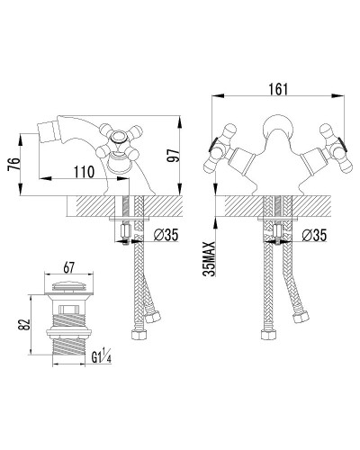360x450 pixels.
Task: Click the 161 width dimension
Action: pyautogui.click(x=278, y=89)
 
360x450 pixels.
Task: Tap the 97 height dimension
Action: pyautogui.click(x=173, y=156)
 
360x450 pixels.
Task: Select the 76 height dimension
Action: pyautogui.click(x=14, y=164)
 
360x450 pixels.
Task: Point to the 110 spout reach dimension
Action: pyautogui.click(x=85, y=172)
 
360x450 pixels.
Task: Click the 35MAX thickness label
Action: pyautogui.click(x=210, y=258)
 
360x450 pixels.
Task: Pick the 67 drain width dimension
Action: pyautogui.click(x=68, y=267)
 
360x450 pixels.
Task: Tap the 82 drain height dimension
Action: pyautogui.click(x=24, y=324)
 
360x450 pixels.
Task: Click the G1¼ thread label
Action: pyautogui.click(x=102, y=357)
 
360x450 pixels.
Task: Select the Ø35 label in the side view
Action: pyautogui.click(x=166, y=234)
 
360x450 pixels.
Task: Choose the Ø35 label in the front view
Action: pyautogui.click(x=314, y=234)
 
